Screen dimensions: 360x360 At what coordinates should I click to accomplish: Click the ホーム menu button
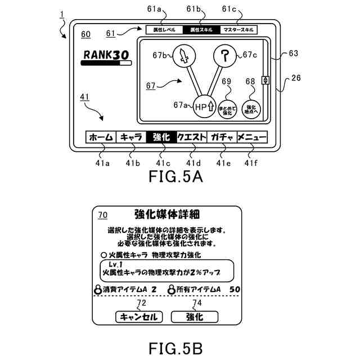[101, 137]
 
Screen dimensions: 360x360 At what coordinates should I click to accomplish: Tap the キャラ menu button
[131, 137]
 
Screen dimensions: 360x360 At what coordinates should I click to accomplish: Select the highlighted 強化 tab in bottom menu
[161, 137]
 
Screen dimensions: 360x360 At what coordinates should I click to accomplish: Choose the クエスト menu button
[191, 137]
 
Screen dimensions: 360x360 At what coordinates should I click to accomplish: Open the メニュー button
[251, 137]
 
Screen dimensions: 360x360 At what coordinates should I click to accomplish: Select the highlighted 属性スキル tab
[200, 30]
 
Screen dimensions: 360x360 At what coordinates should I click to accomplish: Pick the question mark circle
[226, 56]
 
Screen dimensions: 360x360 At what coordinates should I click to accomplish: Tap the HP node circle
[204, 106]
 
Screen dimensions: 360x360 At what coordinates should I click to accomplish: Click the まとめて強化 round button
[227, 109]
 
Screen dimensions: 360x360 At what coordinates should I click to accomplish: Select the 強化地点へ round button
[251, 109]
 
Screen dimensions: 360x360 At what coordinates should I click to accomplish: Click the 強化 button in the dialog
[194, 317]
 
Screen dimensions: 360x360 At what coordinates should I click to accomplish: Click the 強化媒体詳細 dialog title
[169, 214]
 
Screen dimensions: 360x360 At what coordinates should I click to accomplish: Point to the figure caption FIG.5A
[175, 177]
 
